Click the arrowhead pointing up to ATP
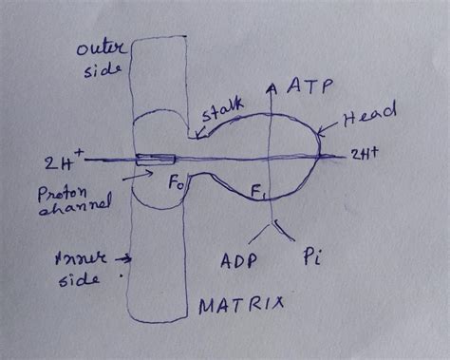tap(273, 87)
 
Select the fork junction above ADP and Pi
tap(273, 224)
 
